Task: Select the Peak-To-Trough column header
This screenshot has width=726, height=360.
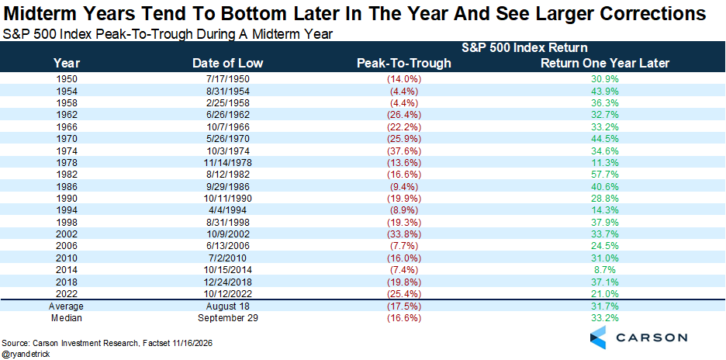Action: (x=403, y=63)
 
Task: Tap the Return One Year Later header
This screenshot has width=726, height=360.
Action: (x=605, y=63)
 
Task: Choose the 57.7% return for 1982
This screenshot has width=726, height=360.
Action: (x=605, y=175)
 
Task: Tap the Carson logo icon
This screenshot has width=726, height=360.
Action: (x=598, y=337)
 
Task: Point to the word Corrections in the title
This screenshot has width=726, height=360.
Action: (x=652, y=14)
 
